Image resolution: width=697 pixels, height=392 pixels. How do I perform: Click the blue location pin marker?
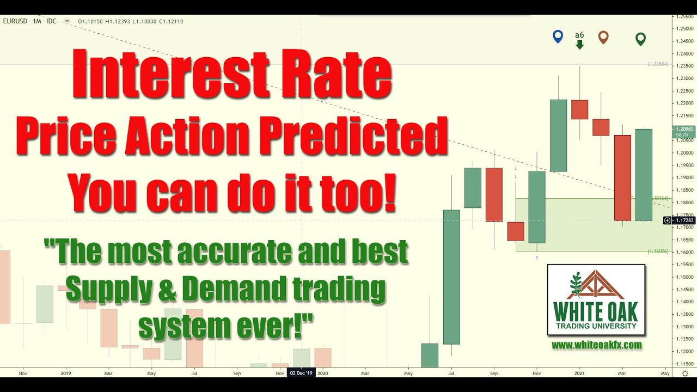click(x=557, y=36)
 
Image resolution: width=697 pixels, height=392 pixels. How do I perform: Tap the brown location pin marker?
click(x=603, y=36)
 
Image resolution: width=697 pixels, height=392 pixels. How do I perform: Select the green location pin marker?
click(x=640, y=39)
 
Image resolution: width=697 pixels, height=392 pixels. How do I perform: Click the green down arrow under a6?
click(x=579, y=45)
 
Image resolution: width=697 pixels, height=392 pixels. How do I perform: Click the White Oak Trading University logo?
click(x=596, y=299)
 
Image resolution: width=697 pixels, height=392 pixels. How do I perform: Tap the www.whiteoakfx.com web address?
click(x=596, y=345)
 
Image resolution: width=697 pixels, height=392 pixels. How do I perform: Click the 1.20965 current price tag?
click(x=683, y=131)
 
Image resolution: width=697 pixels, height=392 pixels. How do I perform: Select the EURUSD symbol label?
click(x=15, y=21)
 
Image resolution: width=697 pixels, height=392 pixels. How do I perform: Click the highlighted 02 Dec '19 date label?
click(x=301, y=373)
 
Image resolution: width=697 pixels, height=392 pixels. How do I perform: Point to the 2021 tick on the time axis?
click(x=579, y=373)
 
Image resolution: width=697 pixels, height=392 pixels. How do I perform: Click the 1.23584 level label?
click(x=657, y=64)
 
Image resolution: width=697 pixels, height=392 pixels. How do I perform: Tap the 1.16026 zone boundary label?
click(x=657, y=252)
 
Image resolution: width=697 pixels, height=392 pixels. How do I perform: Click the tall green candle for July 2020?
click(x=451, y=277)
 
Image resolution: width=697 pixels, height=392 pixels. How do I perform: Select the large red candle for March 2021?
click(x=622, y=177)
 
